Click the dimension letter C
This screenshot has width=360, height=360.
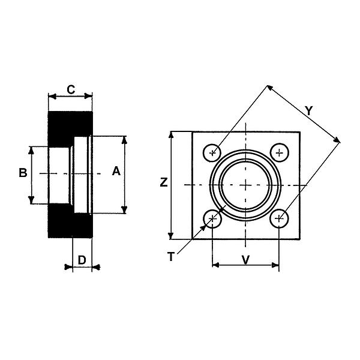click(x=71, y=89)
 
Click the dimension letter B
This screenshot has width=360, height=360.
click(x=23, y=173)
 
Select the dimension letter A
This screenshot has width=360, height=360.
click(x=116, y=171)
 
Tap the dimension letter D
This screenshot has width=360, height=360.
click(x=82, y=260)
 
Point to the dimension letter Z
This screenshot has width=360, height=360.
click(x=164, y=182)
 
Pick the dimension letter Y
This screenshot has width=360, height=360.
click(x=309, y=110)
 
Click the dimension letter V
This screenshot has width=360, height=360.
click(x=245, y=260)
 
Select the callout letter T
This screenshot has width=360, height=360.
click(x=170, y=257)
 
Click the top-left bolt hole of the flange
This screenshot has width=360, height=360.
click(x=212, y=152)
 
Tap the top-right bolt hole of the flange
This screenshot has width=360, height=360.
click(x=279, y=152)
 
